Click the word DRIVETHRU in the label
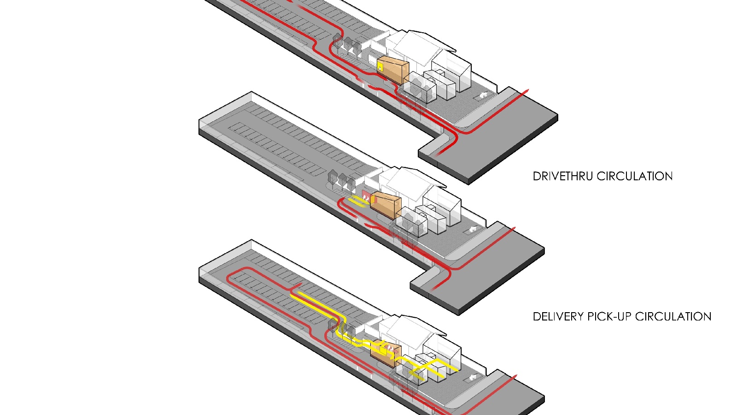(563, 176)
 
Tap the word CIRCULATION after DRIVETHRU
(635, 176)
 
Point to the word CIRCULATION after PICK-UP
(673, 316)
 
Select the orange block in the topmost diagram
(393, 70)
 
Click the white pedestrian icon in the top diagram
(483, 95)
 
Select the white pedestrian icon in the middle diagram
(473, 229)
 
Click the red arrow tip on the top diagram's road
(528, 90)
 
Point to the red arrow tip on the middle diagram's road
(514, 228)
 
